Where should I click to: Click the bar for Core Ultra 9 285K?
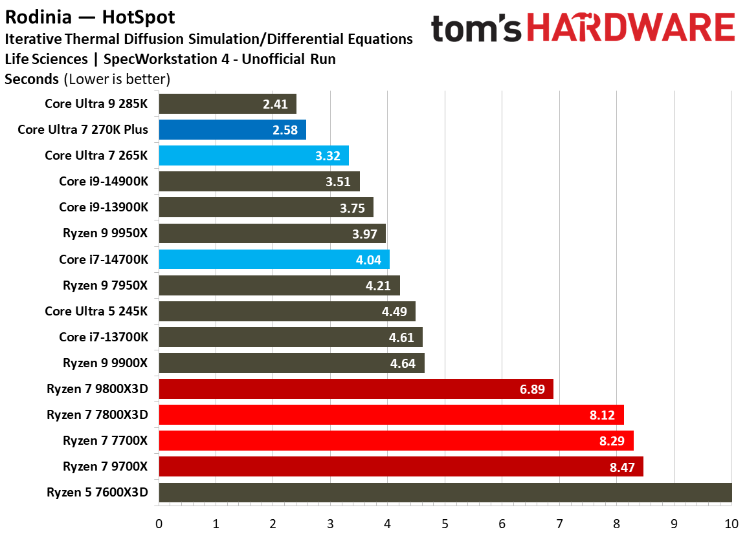coord(227,103)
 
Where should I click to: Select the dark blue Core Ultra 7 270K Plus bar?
coord(232,129)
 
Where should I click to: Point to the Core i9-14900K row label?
coord(104,181)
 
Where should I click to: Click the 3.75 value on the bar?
coord(352,208)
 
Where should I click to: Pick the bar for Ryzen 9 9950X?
coord(272,233)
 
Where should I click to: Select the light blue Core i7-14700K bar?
coord(274,259)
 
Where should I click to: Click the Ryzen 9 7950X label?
coord(106,285)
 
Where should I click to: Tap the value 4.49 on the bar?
coord(394,311)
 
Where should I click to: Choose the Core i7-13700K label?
coord(104,337)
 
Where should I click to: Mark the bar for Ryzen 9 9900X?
coord(291,363)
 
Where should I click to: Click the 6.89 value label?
coord(533,389)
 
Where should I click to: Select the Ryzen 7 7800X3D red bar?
coord(391,414)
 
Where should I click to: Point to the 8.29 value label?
coord(612,441)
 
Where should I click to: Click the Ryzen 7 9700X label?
coord(106,466)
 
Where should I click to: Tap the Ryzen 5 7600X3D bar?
coord(445,493)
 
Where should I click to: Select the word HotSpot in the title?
coord(138,15)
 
